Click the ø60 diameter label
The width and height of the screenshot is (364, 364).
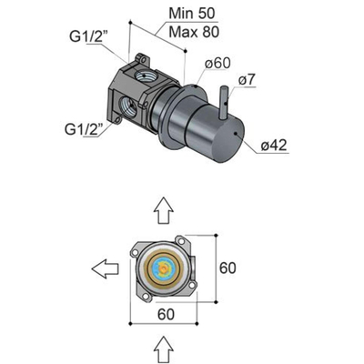point(224,64)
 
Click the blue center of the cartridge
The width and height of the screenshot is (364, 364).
point(163,269)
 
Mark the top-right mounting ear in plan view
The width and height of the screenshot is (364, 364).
point(188,243)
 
